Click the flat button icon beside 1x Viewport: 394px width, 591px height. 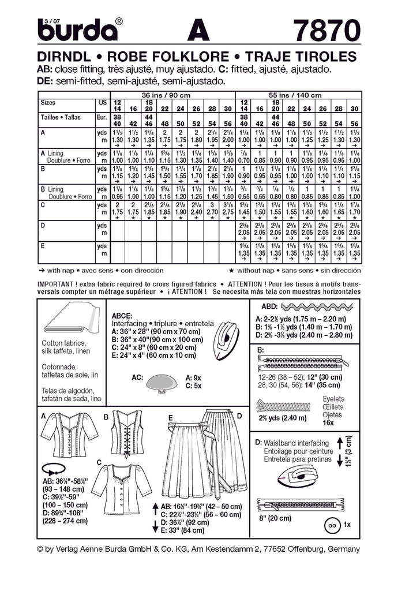pos(331,526)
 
